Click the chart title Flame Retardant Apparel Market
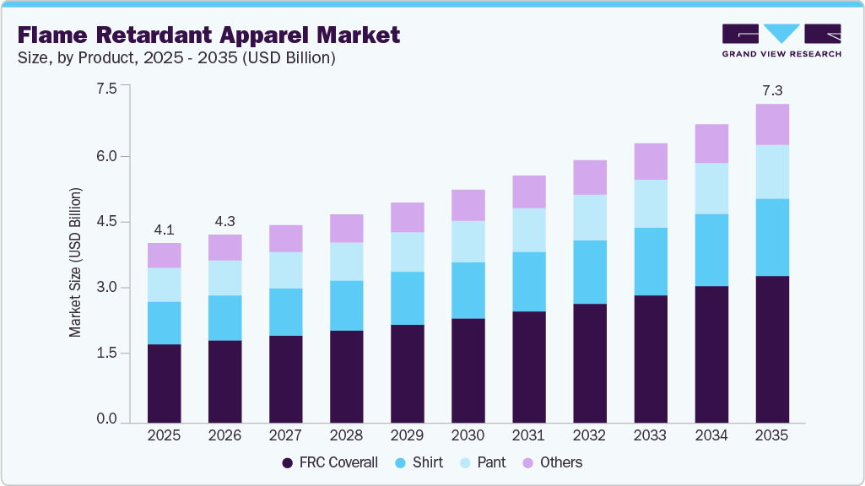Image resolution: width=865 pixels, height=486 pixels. coord(208,35)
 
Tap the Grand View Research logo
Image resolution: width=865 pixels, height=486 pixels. coord(781,40)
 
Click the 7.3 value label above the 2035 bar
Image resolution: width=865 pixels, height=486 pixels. coord(771,89)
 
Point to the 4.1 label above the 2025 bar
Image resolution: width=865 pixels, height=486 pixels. coord(164,229)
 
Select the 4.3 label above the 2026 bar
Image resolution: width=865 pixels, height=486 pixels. coord(224,220)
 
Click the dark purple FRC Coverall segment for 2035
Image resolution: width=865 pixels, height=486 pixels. coord(771,348)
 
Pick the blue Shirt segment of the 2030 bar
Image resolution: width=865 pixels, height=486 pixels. coord(468,290)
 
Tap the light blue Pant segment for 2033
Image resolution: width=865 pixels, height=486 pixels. coord(650,203)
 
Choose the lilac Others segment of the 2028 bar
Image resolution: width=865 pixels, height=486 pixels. coord(346,228)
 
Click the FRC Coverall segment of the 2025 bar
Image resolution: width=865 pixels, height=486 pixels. coord(164,383)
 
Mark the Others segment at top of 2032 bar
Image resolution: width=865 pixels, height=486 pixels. coord(589,177)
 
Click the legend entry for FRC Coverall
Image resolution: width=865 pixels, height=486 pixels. coord(330,462)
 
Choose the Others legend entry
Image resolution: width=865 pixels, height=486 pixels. coord(552,462)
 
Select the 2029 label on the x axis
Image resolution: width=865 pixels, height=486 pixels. coord(407,435)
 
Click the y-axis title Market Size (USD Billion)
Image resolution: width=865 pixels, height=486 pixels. coord(76,263)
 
